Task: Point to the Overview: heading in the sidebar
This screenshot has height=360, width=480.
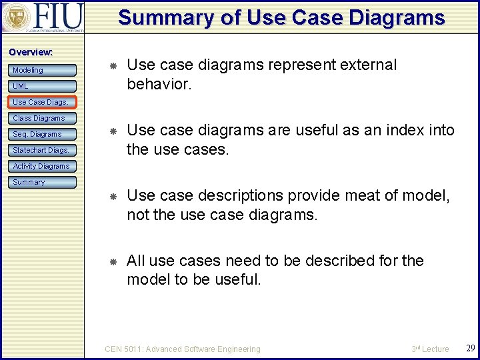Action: pyautogui.click(x=31, y=52)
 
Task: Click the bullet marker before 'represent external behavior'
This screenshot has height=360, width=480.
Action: pyautogui.click(x=113, y=66)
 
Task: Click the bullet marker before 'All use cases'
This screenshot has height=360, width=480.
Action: pyautogui.click(x=113, y=262)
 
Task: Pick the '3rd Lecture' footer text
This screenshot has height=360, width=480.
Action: pyautogui.click(x=430, y=349)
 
